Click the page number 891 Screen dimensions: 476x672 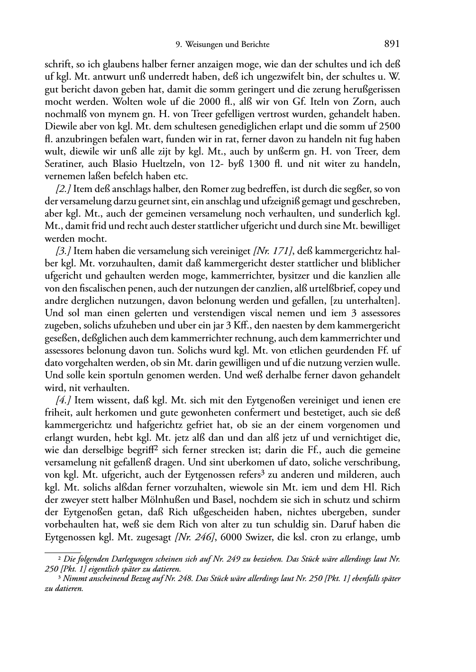click(x=392, y=44)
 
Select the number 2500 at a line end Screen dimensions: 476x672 click(x=391, y=127)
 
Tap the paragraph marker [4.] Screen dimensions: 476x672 click(x=63, y=400)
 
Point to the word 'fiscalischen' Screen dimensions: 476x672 click(x=101, y=289)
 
